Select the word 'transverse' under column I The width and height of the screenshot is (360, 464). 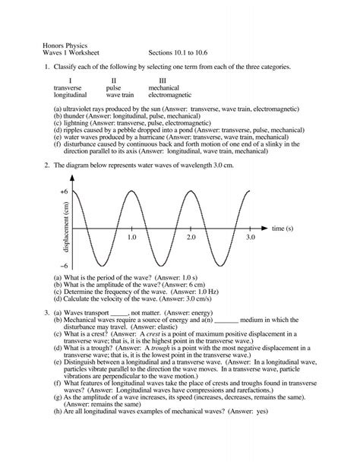point(69,88)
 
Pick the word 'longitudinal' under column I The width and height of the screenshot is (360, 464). point(71,96)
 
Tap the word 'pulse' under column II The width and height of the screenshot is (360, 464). point(113,88)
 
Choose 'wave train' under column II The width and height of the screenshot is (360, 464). point(120,96)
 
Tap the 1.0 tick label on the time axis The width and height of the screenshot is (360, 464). point(131,238)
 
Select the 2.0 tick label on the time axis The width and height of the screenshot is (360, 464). point(191,238)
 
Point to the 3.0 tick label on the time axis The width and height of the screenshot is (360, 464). point(251,238)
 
